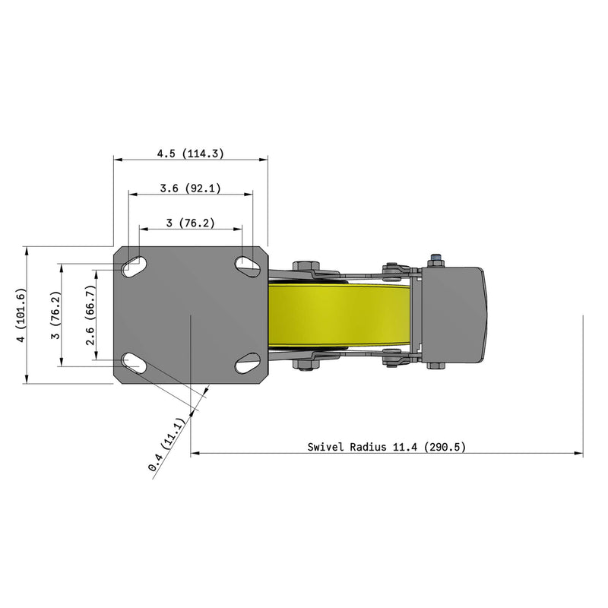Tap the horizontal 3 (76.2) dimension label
(x=190, y=223)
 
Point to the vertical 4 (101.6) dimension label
(x=21, y=315)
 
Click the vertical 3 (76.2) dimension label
(x=55, y=315)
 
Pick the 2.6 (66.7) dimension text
(x=90, y=315)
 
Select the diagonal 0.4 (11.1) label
(x=168, y=445)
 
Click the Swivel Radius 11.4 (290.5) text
(x=386, y=447)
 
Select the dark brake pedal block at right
(x=452, y=315)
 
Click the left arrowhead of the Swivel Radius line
(x=194, y=454)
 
